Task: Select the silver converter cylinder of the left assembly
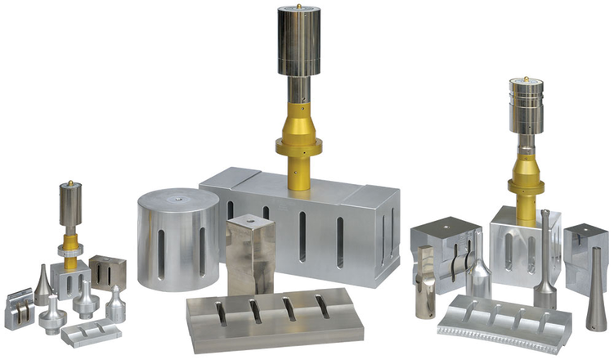tap(70, 200)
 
